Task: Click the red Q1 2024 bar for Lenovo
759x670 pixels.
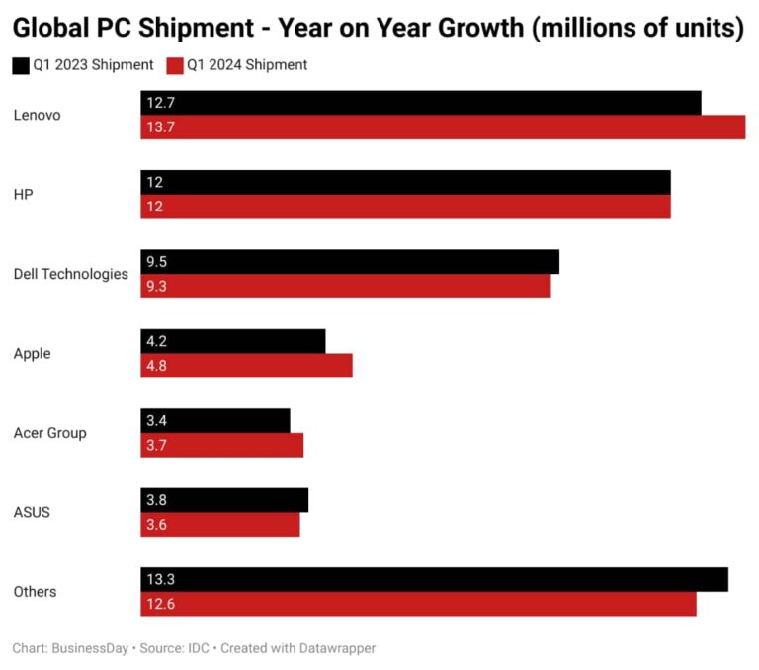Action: [x=443, y=127]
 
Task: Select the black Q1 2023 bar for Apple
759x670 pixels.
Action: [x=233, y=341]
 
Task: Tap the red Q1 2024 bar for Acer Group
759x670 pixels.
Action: [x=222, y=445]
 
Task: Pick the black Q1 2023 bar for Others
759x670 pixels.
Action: [x=435, y=579]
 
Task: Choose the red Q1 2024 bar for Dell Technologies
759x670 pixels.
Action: [x=346, y=286]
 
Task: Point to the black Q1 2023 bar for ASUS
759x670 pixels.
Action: [x=224, y=500]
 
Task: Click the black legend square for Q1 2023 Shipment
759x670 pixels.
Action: [x=21, y=65]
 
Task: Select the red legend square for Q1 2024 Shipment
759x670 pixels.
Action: [x=175, y=65]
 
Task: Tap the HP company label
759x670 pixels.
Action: [x=24, y=195]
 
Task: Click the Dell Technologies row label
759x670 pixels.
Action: [x=70, y=274]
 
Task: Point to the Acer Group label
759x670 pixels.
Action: [x=49, y=433]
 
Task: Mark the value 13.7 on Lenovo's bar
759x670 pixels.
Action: [x=160, y=127]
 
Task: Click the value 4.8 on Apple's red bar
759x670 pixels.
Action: [x=157, y=366]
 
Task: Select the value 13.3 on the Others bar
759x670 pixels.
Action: [x=160, y=579]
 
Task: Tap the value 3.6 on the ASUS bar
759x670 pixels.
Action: [x=157, y=525]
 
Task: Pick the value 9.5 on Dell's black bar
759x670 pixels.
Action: [x=157, y=262]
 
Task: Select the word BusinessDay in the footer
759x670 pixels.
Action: [x=90, y=648]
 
